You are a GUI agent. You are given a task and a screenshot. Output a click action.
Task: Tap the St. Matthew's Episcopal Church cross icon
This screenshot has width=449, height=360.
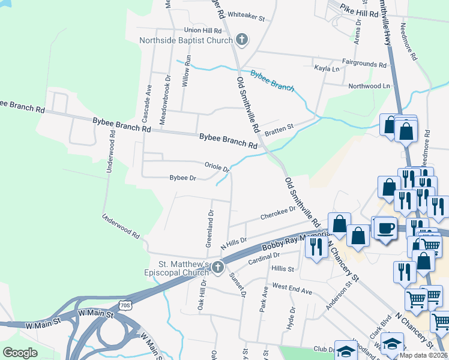218,266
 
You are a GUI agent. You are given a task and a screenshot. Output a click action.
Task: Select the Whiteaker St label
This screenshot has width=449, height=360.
246,17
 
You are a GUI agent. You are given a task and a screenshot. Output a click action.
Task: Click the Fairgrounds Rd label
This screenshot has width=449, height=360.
364,64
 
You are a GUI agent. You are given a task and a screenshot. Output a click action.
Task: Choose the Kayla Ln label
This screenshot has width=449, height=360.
327,69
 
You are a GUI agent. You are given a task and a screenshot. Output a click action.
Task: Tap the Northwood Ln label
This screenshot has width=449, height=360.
369,86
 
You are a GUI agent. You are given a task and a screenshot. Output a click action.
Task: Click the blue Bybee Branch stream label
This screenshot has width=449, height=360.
272,80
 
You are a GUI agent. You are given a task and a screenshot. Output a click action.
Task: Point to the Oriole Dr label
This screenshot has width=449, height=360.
217,166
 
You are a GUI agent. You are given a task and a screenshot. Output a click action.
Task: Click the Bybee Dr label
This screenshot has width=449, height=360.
183,178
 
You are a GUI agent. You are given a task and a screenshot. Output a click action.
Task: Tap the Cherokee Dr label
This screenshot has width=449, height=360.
278,213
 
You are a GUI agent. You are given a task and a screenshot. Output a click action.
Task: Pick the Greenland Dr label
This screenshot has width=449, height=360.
210,228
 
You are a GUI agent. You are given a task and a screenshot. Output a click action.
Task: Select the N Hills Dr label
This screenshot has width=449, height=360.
234,242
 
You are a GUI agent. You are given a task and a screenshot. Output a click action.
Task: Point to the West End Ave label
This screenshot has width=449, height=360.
292,289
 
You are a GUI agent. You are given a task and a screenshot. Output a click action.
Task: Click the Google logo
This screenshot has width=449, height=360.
20,353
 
